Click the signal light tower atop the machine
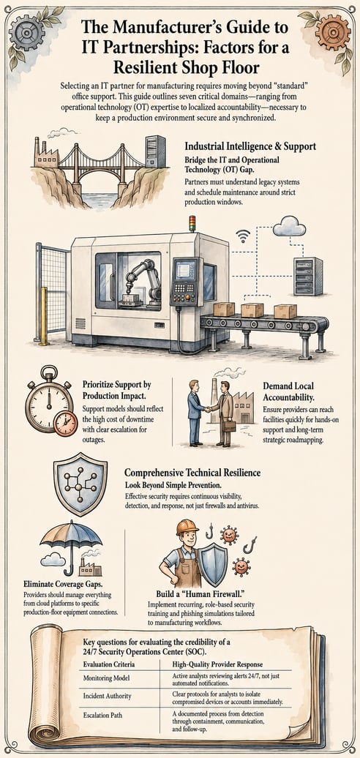pyautogui.click(x=192, y=224)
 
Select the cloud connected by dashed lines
pyautogui.click(x=290, y=226)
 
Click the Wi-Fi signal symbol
pyautogui.click(x=243, y=236)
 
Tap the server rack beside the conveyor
pyautogui.click(x=308, y=276)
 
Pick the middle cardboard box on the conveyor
pyautogui.click(x=252, y=310)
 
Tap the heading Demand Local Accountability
pyautogui.click(x=288, y=391)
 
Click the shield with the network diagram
pyautogui.click(x=73, y=484)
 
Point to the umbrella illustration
pyautogui.click(x=70, y=545)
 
